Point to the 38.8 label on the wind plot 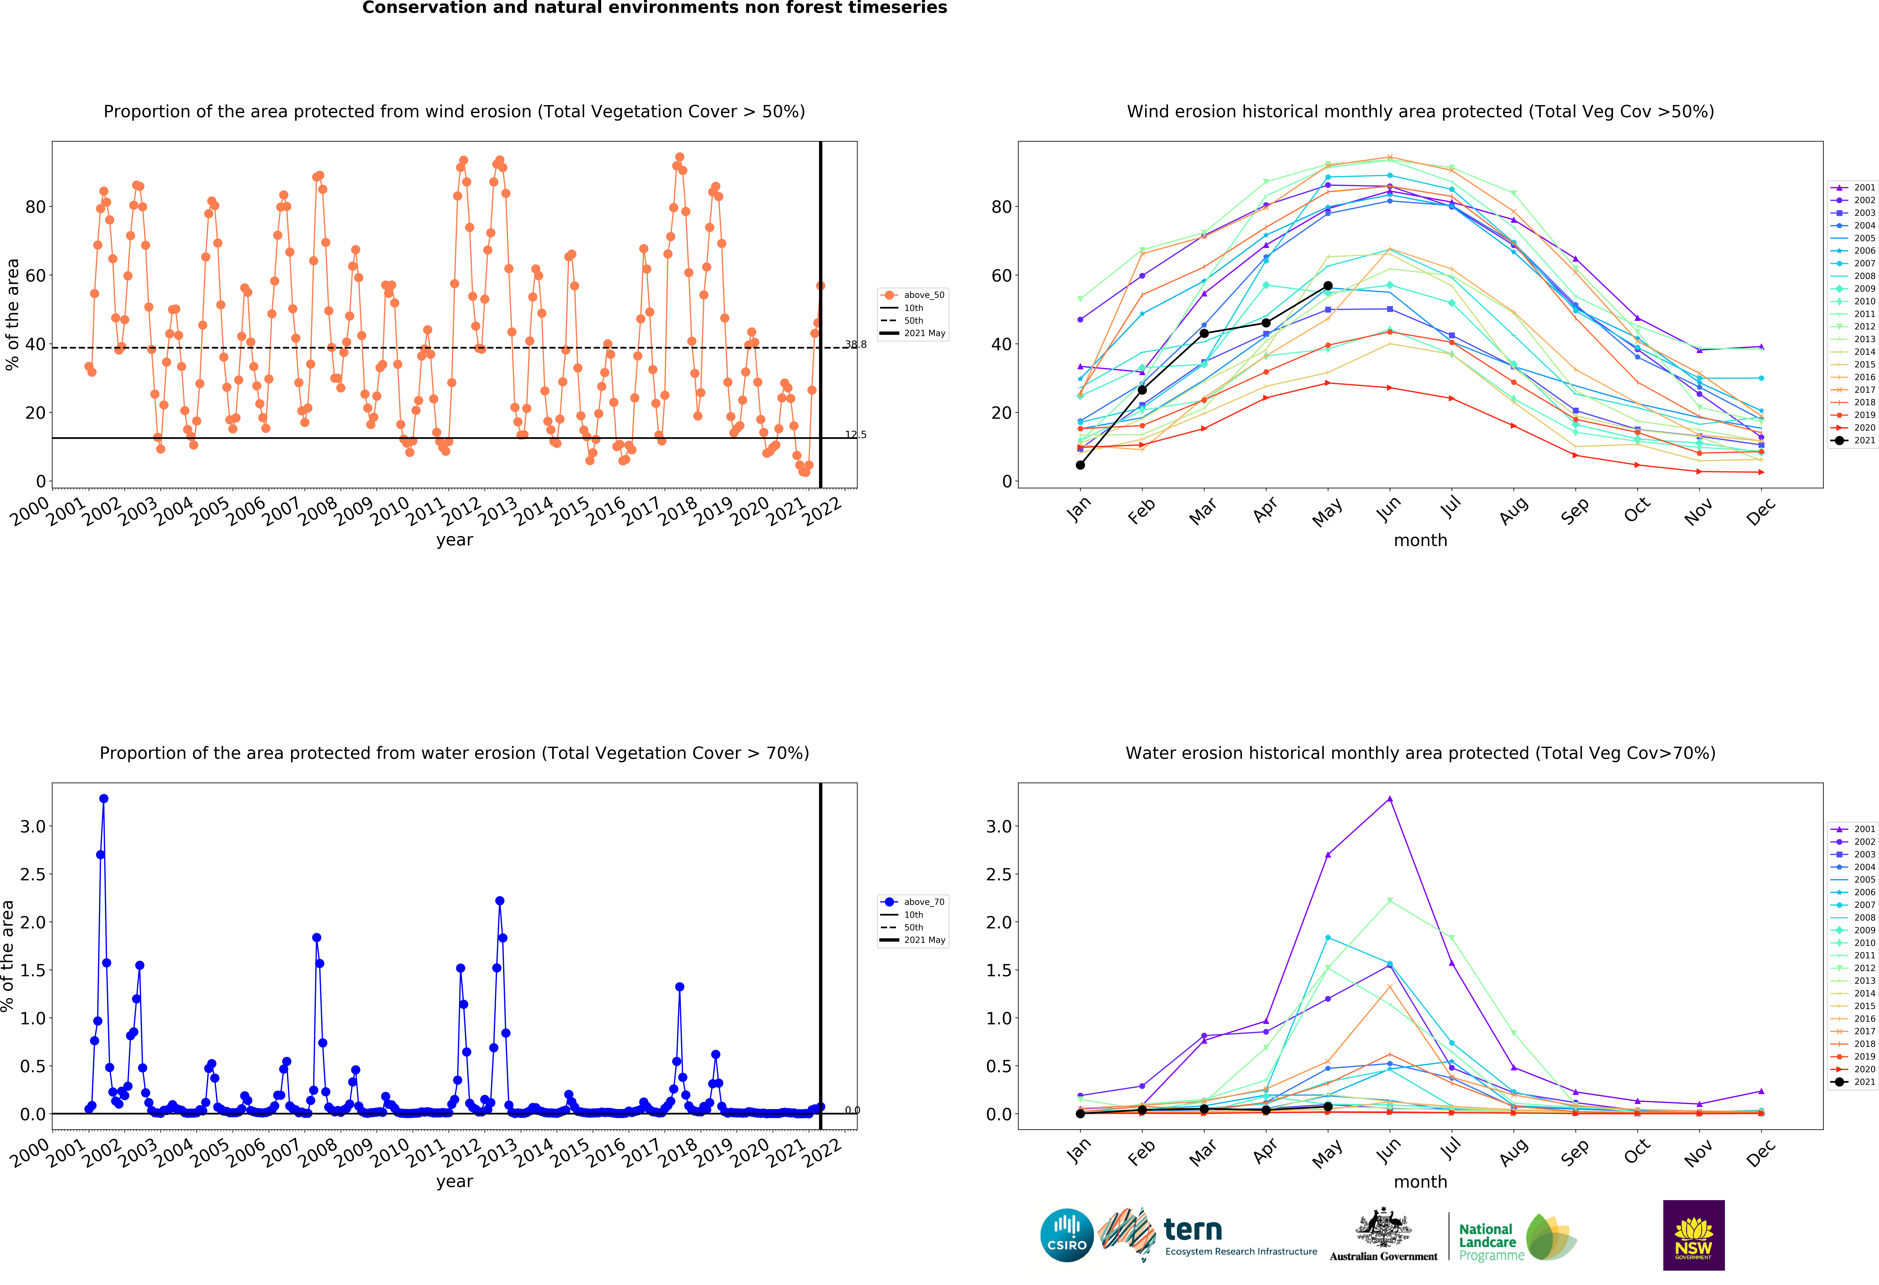pos(855,345)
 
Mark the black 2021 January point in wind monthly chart pos(1080,465)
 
